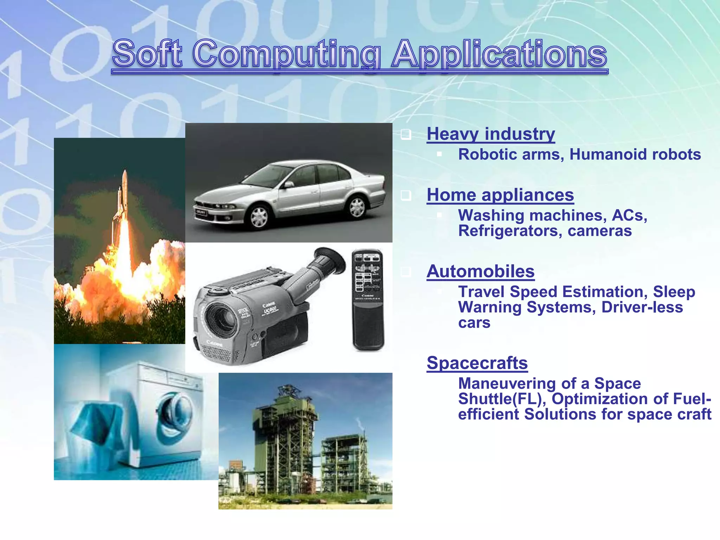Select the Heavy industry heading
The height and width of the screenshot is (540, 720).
[491, 134]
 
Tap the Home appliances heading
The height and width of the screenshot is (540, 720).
[500, 195]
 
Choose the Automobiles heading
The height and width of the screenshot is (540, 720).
[481, 271]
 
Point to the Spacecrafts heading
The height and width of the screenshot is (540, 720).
[477, 363]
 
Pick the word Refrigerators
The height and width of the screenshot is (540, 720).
[510, 231]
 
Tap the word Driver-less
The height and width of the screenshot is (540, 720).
[642, 307]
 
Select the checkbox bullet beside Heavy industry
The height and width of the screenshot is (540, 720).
[406, 135]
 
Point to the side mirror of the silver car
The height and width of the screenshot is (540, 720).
[289, 184]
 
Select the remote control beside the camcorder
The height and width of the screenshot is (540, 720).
[368, 300]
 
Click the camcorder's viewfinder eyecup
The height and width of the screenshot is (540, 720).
[330, 260]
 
